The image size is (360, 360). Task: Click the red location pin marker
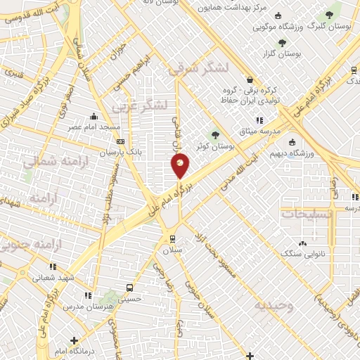pos(181,165)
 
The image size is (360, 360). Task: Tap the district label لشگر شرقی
pos(199,69)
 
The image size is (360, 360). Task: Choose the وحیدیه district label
pos(271,305)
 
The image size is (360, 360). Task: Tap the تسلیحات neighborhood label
pos(304,212)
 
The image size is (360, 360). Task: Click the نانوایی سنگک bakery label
pos(302,252)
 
